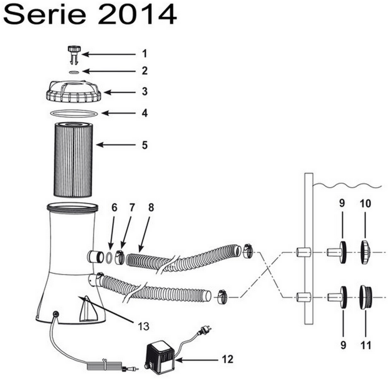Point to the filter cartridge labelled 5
point(73,159)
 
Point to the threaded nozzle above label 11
point(365,296)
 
